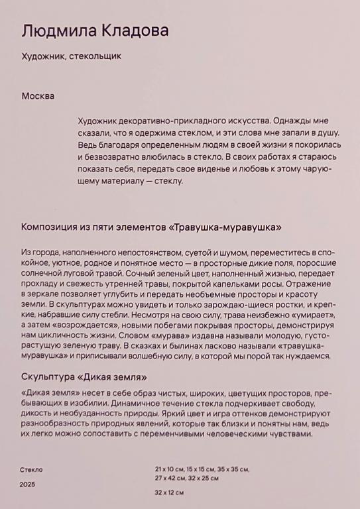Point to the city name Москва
(38, 96)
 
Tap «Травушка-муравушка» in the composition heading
(225, 227)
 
